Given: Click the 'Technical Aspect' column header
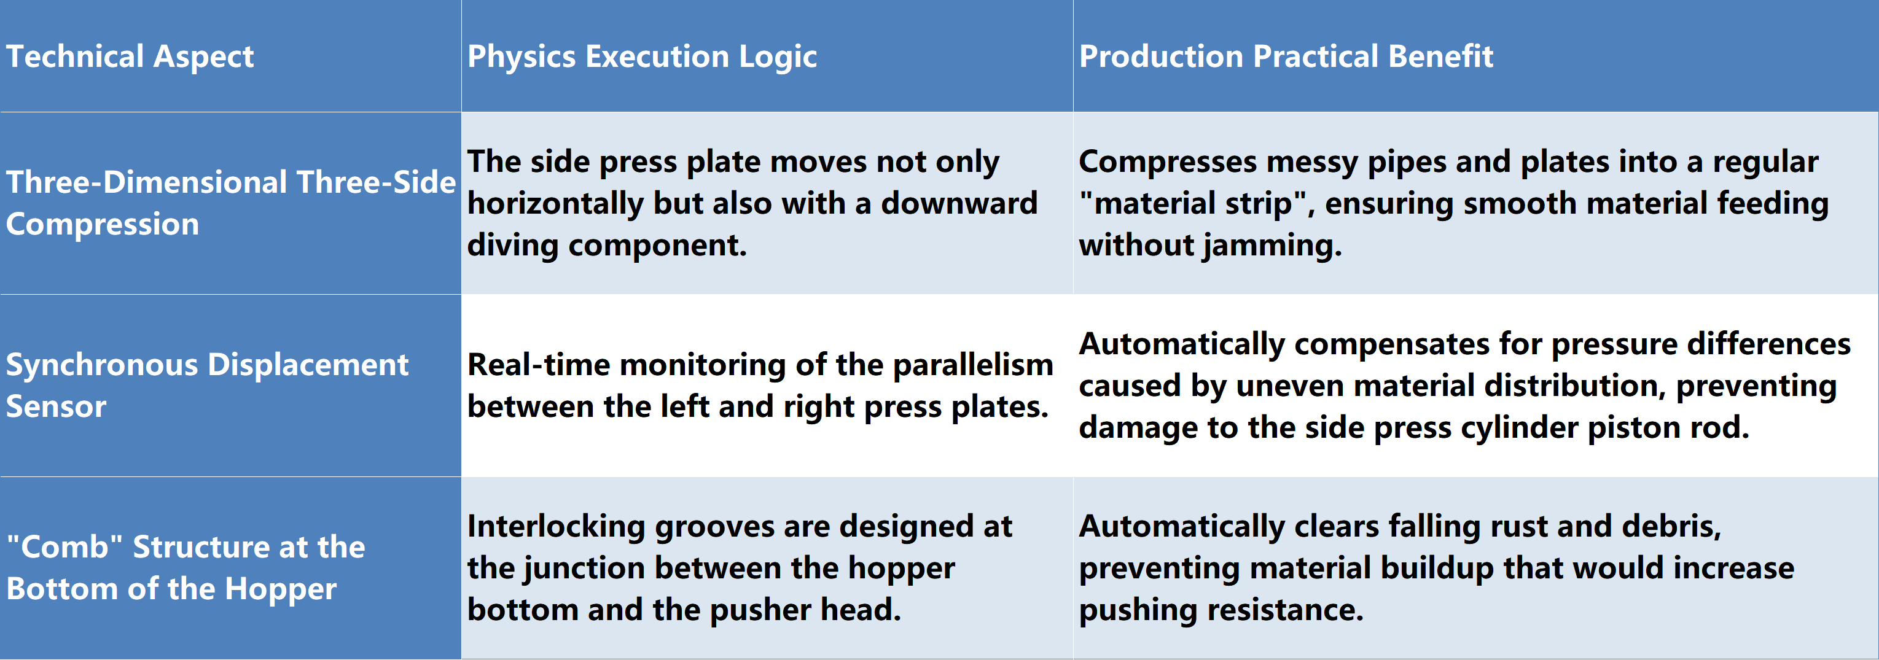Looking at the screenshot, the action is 130,56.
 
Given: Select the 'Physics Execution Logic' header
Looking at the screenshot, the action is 642,56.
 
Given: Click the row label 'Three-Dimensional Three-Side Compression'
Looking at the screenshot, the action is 230,203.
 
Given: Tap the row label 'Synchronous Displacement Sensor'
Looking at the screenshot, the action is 207,385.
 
